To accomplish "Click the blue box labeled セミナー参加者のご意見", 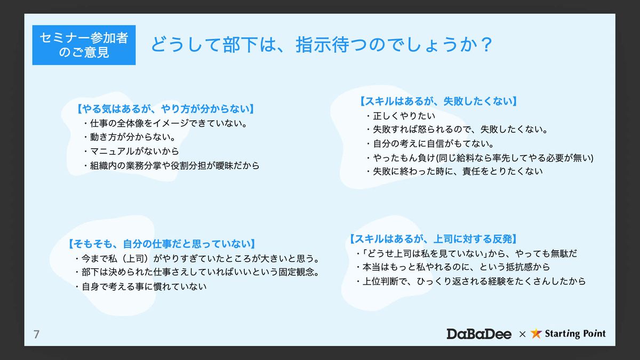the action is [84, 45].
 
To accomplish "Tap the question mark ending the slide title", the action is [486, 45].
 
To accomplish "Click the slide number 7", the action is [36, 334].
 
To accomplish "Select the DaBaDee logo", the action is [479, 334].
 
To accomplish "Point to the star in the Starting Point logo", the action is [536, 333].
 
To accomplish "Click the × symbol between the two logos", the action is [522, 334].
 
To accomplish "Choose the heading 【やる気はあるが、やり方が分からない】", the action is [165, 109].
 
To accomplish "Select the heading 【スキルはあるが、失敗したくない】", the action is [438, 101].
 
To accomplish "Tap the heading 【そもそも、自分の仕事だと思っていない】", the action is [162, 244].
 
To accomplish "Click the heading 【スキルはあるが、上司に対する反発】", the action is [434, 239].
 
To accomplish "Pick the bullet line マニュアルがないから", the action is [131, 151].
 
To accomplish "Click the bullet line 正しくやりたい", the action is [401, 116].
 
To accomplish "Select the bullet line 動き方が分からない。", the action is [130, 137].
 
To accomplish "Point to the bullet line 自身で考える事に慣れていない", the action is [141, 286].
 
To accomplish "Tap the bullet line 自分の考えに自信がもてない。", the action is [430, 143].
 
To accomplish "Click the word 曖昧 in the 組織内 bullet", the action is [225, 165].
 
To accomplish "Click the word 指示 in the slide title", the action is [314, 45].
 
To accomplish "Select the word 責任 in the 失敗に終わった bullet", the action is [471, 171].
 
